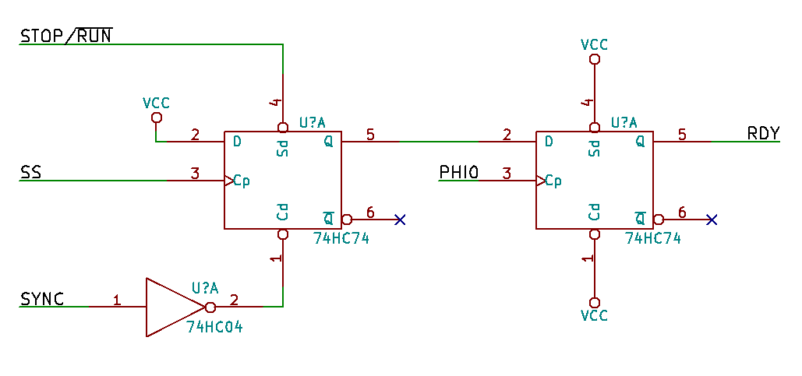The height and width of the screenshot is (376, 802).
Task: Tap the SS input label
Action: pos(30,172)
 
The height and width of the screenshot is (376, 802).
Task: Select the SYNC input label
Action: pos(42,298)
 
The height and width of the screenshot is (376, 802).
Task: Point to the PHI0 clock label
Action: pos(458,172)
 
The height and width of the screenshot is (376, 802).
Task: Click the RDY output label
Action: pos(763,133)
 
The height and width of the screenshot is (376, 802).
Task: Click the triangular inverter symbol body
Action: pos(171,307)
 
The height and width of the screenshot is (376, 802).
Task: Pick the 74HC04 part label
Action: pos(214,328)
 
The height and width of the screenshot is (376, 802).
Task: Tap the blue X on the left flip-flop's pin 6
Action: pos(400,220)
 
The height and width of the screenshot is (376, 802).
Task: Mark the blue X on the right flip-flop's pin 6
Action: pos(712,220)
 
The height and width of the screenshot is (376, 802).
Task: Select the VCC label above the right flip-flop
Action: pos(595,44)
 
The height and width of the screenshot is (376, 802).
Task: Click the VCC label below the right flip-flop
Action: pos(595,316)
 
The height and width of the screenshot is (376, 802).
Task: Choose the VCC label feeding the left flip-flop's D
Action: pos(156,103)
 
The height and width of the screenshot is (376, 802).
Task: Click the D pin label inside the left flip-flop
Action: pos(236,142)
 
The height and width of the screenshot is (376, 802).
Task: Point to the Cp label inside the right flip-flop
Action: pos(553,181)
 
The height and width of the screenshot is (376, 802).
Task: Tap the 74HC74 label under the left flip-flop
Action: pos(341,239)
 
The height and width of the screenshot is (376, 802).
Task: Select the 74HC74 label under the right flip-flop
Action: pos(653,239)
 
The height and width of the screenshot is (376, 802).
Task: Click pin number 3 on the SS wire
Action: pos(196,173)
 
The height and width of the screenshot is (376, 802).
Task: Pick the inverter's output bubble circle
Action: pos(210,307)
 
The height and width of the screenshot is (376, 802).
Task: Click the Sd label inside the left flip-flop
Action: pos(283,147)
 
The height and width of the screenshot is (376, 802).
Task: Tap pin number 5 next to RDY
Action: pos(682,134)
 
